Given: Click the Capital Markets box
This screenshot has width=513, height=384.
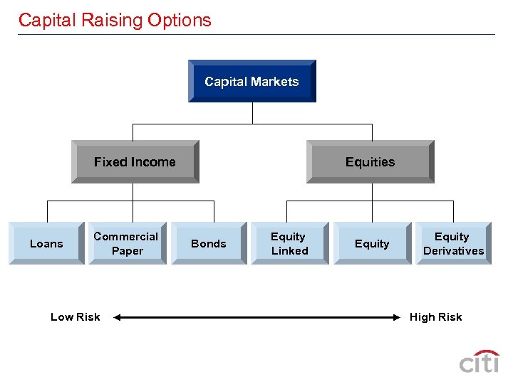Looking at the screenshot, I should pyautogui.click(x=252, y=81).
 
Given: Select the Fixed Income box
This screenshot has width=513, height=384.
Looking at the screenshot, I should pyautogui.click(x=135, y=161).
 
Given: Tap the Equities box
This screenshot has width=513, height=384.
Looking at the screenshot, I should pyautogui.click(x=370, y=161).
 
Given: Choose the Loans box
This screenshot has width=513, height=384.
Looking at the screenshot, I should pyautogui.click(x=46, y=243).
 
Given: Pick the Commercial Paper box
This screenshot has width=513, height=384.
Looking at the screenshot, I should pyautogui.click(x=126, y=243).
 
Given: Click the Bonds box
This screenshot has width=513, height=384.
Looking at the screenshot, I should pyautogui.click(x=208, y=243).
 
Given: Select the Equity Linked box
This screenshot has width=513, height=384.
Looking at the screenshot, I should pyautogui.click(x=289, y=243).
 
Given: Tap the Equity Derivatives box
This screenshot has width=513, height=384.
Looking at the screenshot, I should pyautogui.click(x=453, y=243).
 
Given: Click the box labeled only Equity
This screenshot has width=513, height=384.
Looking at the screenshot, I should pyautogui.click(x=372, y=243).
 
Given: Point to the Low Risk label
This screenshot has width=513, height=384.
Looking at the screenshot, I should pyautogui.click(x=76, y=317).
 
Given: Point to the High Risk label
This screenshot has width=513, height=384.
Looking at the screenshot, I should pyautogui.click(x=435, y=317).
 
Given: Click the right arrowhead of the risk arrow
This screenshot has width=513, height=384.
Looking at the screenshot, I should pyautogui.click(x=397, y=317).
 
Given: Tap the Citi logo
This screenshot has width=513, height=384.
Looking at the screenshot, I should pyautogui.click(x=479, y=362).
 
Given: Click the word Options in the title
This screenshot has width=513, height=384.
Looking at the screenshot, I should pyautogui.click(x=179, y=21).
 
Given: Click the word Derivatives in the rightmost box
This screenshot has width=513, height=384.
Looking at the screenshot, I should pyautogui.click(x=453, y=251).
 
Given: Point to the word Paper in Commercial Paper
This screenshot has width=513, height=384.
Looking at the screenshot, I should pyautogui.click(x=127, y=251).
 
